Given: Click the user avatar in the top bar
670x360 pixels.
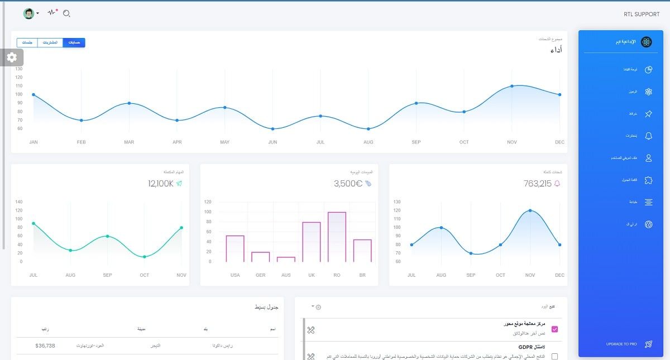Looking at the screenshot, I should (x=28, y=13).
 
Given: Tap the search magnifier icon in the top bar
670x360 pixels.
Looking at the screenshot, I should (x=66, y=13).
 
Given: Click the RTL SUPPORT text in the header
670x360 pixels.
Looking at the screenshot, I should (x=642, y=15).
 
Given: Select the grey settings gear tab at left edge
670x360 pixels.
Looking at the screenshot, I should (x=12, y=57).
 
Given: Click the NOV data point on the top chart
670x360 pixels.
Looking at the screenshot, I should (x=512, y=86).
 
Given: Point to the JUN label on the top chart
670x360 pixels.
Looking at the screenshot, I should (x=272, y=142).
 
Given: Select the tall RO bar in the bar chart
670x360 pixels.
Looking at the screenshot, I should (x=337, y=237).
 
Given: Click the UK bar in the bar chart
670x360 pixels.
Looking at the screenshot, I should (x=311, y=242).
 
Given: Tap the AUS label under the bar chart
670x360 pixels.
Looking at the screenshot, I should (x=286, y=275).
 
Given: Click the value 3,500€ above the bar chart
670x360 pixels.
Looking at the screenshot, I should (x=348, y=184).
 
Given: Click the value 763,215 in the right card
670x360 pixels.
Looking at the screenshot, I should (x=537, y=184).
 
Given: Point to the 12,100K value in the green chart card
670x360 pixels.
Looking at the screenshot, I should (x=161, y=184).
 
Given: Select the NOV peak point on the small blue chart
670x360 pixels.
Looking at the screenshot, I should (x=530, y=210).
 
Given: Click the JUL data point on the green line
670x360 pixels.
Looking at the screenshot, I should (x=33, y=223).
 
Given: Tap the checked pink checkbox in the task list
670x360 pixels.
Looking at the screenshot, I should (x=554, y=329).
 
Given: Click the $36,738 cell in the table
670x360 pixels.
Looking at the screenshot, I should (x=45, y=346).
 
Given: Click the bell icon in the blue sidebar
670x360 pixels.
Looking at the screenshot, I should (x=648, y=136).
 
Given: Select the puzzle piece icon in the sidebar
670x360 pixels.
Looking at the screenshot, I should (x=648, y=180).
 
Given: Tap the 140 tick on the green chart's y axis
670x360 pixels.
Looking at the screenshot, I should (x=19, y=202).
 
